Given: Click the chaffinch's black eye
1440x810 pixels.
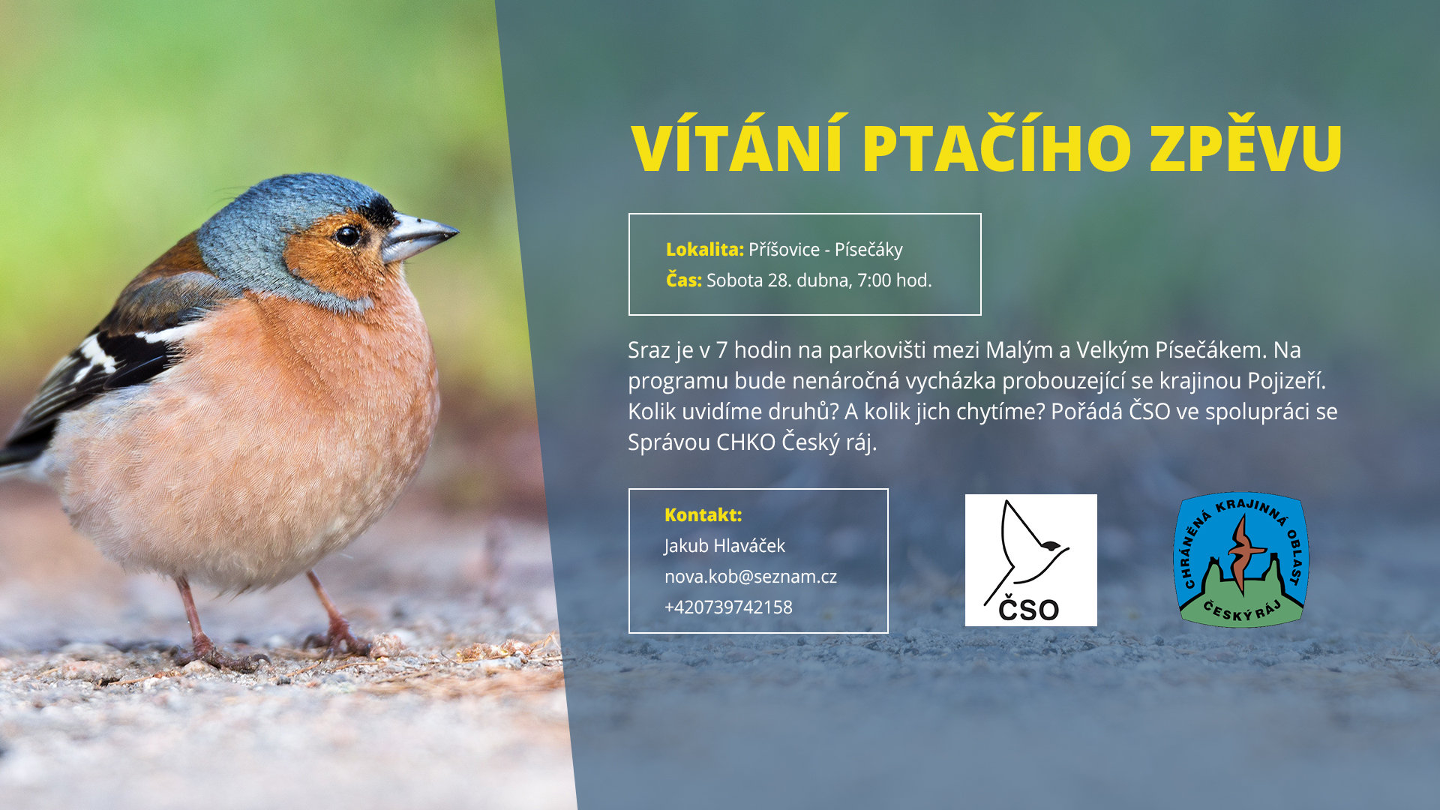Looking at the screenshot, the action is (346, 235).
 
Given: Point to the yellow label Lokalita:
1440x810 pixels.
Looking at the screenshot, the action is (704, 250).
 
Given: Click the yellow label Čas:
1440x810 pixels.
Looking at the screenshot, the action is (683, 280).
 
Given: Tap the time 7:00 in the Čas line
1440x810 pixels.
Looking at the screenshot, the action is (874, 280).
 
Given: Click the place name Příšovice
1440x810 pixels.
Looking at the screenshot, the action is (784, 250).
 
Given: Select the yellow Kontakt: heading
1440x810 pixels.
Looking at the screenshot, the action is (703, 514).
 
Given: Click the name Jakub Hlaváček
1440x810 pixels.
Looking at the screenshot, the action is (724, 546).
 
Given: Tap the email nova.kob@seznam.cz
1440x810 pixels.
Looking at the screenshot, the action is (750, 577).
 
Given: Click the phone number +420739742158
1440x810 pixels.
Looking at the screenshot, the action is (728, 607).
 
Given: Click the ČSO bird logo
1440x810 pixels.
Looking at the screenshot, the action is (1030, 560).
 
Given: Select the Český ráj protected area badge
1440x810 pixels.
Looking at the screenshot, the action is (1240, 559).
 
